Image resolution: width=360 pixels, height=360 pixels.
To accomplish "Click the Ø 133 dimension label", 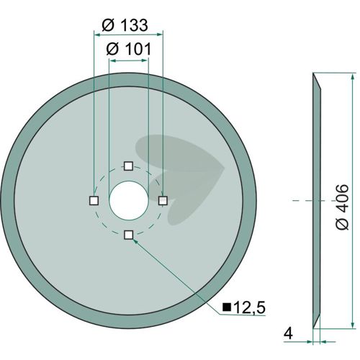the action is coord(125,25).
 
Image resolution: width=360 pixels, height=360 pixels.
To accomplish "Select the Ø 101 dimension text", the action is coord(129,49).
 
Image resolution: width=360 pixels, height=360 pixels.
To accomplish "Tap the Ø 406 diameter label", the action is coord(342,207).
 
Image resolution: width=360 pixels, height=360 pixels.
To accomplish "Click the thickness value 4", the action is coord(288,333).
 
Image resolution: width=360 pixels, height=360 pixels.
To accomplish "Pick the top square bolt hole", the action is coord(129,166).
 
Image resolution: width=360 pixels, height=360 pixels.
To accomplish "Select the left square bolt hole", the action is coord(94,200).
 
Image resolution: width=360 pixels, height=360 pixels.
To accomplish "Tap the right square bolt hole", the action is coord(163,200).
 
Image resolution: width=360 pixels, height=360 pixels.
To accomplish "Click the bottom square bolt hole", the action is coord(129,235).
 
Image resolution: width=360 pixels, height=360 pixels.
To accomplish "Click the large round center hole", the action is coord(129,200).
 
